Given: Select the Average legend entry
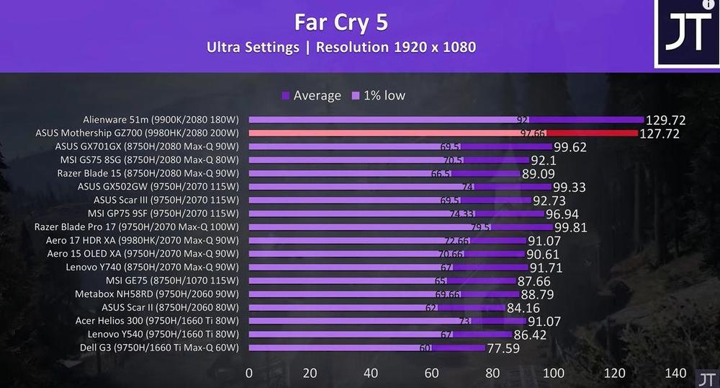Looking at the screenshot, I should click(x=311, y=95).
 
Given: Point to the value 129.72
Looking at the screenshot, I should click(x=667, y=120).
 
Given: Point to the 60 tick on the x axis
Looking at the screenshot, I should click(x=432, y=373).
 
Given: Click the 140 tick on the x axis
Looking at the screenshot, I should click(x=675, y=373).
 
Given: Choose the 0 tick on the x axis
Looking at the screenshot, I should click(x=249, y=373).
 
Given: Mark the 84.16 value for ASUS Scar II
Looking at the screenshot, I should click(x=528, y=308).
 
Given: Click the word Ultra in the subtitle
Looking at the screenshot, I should click(x=223, y=48).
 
